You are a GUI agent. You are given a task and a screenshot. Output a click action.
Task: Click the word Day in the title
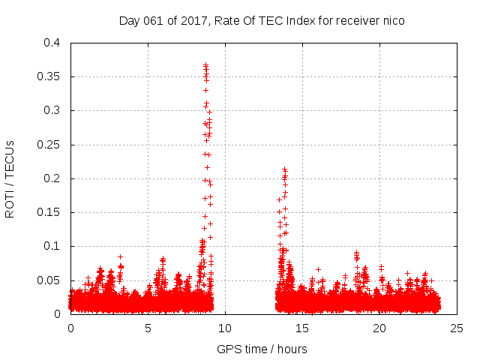tap(129, 21)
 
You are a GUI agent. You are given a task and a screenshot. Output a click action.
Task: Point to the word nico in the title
tap(394, 21)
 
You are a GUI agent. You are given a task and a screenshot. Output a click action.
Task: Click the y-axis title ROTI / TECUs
tap(10, 178)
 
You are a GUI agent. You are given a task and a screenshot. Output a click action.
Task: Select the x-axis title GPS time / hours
tap(262, 349)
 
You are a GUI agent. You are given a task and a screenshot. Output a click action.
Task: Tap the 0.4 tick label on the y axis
tap(53, 43)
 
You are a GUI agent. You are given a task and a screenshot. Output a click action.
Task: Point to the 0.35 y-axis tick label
tap(50, 76)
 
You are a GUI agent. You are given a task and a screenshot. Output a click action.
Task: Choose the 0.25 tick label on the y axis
tap(50, 145)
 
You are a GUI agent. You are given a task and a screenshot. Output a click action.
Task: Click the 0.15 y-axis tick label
tap(50, 212)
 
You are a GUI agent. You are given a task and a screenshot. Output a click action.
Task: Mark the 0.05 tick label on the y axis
tap(50, 280)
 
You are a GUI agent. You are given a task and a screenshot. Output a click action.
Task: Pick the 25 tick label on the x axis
tap(456, 328)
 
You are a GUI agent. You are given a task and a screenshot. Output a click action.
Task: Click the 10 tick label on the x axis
tap(225, 328)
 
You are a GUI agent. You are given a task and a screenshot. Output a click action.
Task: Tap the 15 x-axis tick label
tap(302, 328)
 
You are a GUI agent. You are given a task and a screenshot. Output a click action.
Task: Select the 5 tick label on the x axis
tap(148, 328)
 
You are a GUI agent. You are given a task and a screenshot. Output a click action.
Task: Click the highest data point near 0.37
tap(205, 65)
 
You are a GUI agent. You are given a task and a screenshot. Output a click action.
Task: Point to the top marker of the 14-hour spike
tap(284, 169)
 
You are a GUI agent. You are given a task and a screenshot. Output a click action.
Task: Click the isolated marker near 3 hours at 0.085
tap(120, 256)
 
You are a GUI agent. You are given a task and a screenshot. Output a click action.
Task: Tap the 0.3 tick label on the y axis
tap(53, 110)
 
